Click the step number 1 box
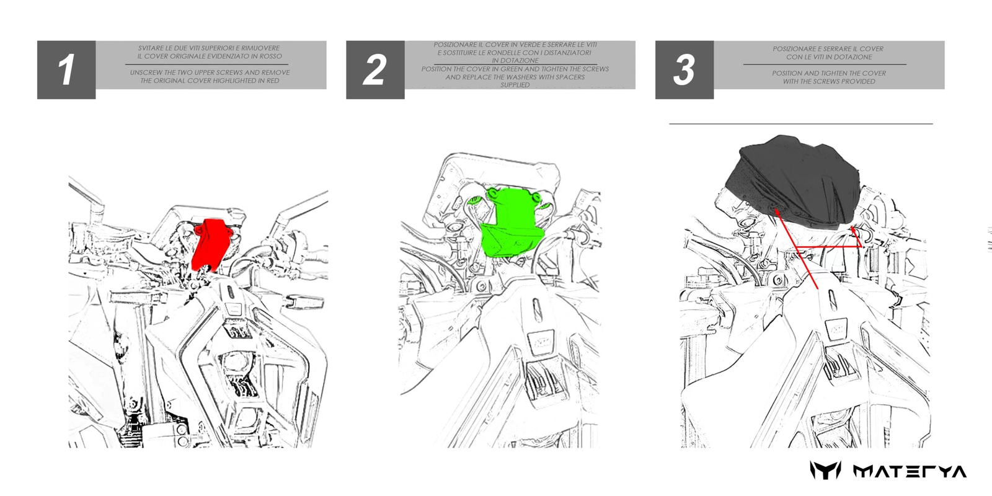click(66, 69)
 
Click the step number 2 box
click(375, 69)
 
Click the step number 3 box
click(684, 69)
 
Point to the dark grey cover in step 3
click(793, 182)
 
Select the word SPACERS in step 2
click(569, 77)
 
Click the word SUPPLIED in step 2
click(515, 85)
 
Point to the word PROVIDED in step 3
click(858, 81)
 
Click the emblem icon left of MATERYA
click(825, 471)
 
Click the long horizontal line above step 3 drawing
click(800, 124)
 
